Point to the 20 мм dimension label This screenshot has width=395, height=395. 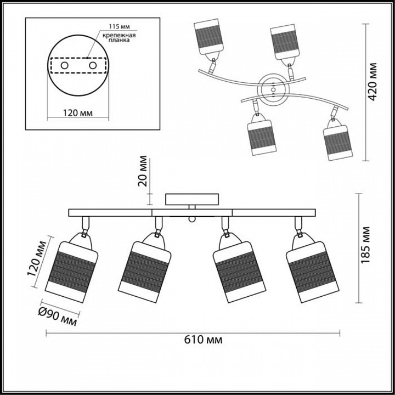pos(143,172)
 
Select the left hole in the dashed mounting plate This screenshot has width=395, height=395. pos(64,65)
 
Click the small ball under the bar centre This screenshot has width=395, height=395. pos(191,219)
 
